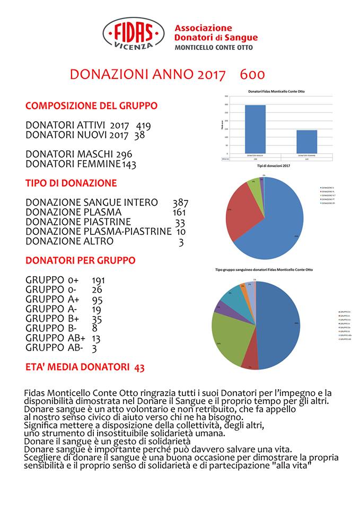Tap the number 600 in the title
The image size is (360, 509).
click(x=252, y=74)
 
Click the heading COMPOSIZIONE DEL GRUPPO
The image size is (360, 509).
click(x=91, y=106)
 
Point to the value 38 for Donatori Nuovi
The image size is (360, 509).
click(x=139, y=135)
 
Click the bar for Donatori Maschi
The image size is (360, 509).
click(x=255, y=129)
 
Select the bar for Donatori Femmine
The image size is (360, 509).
click(x=306, y=141)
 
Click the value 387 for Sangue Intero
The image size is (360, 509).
click(x=180, y=202)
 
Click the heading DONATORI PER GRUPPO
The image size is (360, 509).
click(x=80, y=260)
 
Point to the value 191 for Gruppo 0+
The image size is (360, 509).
click(x=100, y=280)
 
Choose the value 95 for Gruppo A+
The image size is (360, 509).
click(x=97, y=300)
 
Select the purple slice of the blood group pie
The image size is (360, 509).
click(x=218, y=307)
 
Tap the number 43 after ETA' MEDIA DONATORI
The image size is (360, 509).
click(x=139, y=366)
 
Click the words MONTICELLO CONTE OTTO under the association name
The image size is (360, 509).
click(x=214, y=47)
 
